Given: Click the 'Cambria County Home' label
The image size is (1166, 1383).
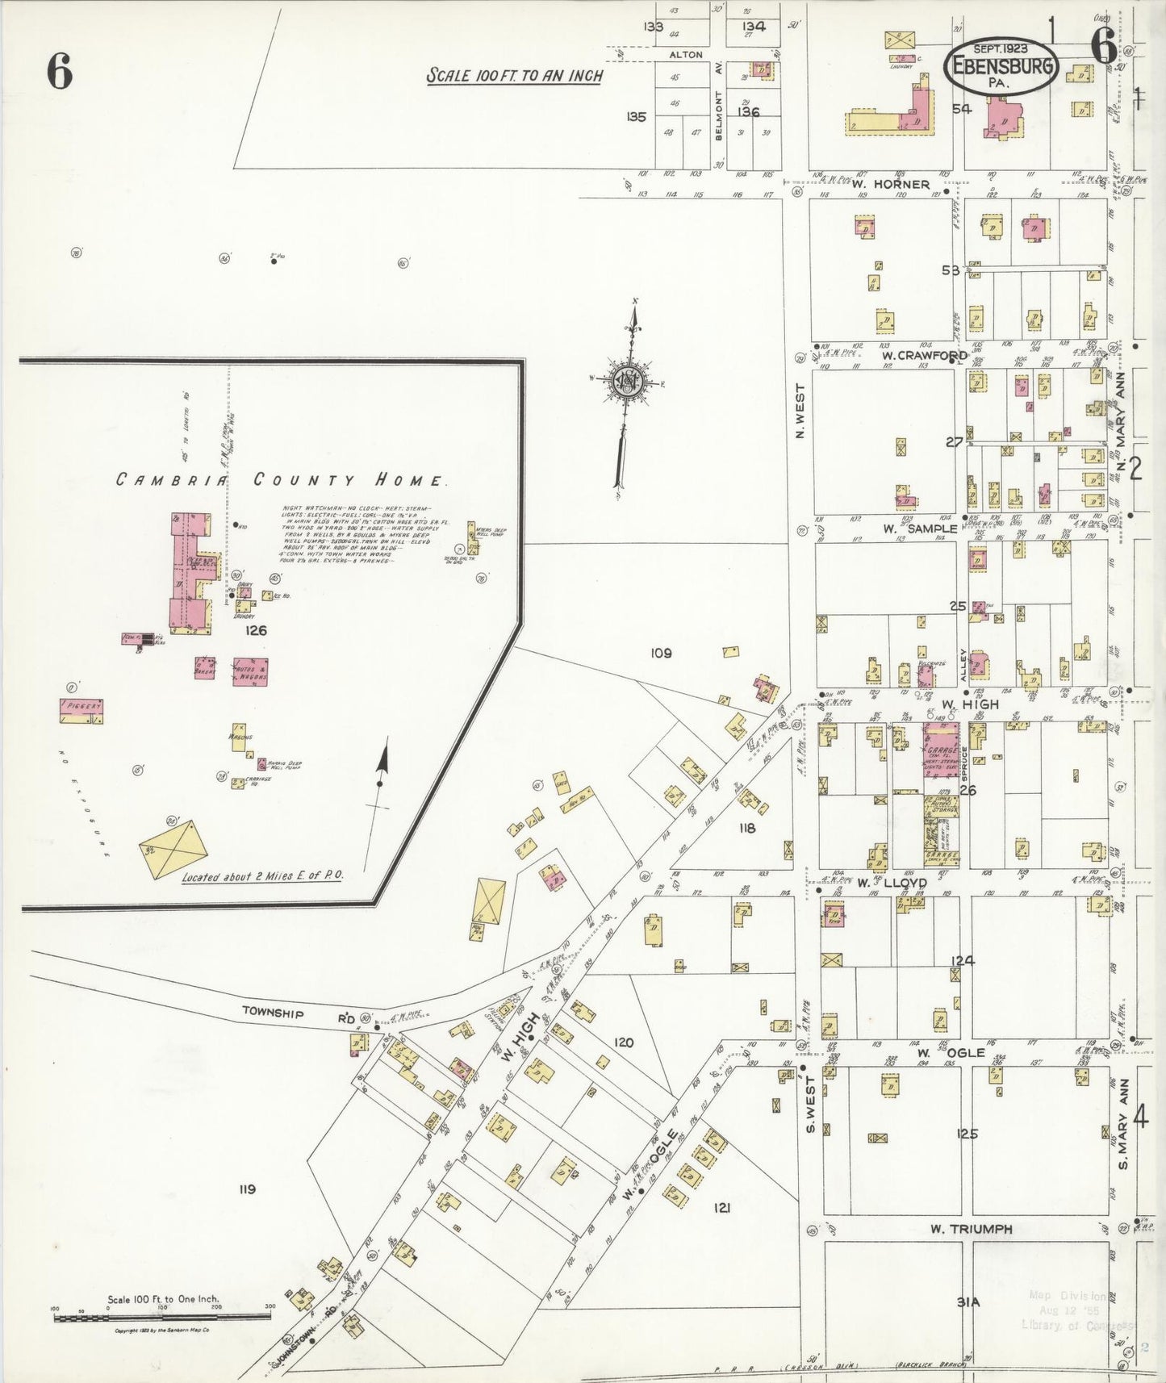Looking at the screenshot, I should (279, 480).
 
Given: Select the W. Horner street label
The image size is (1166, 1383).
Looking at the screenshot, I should (891, 184).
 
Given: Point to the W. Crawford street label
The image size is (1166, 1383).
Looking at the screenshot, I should (923, 355).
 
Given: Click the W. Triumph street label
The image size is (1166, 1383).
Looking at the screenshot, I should (971, 1229).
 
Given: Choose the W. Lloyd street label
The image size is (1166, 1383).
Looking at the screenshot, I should (892, 883).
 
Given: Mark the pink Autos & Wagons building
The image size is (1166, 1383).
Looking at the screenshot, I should (250, 672).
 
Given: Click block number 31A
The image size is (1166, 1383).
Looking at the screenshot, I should (967, 1302).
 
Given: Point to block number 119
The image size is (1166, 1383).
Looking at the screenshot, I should (247, 1189).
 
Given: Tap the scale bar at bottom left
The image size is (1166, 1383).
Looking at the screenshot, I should (161, 1318).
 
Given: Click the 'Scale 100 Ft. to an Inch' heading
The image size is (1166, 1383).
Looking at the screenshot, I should (514, 76).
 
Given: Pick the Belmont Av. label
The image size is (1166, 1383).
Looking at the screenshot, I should (718, 115).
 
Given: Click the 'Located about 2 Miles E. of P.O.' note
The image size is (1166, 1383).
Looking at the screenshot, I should (262, 876).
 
